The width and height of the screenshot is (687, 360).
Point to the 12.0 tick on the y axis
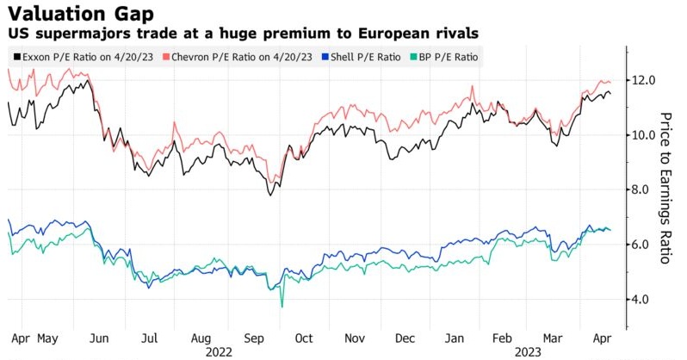coord(645,80)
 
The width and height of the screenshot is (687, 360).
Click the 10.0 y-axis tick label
coord(645,135)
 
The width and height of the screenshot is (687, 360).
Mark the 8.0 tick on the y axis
coord(645,190)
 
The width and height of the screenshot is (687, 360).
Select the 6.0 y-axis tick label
coord(645,245)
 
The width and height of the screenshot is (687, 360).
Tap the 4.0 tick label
coord(645,300)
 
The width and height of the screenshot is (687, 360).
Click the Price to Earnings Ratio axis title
coord(665,189)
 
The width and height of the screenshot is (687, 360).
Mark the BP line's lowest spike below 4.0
coord(281,306)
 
